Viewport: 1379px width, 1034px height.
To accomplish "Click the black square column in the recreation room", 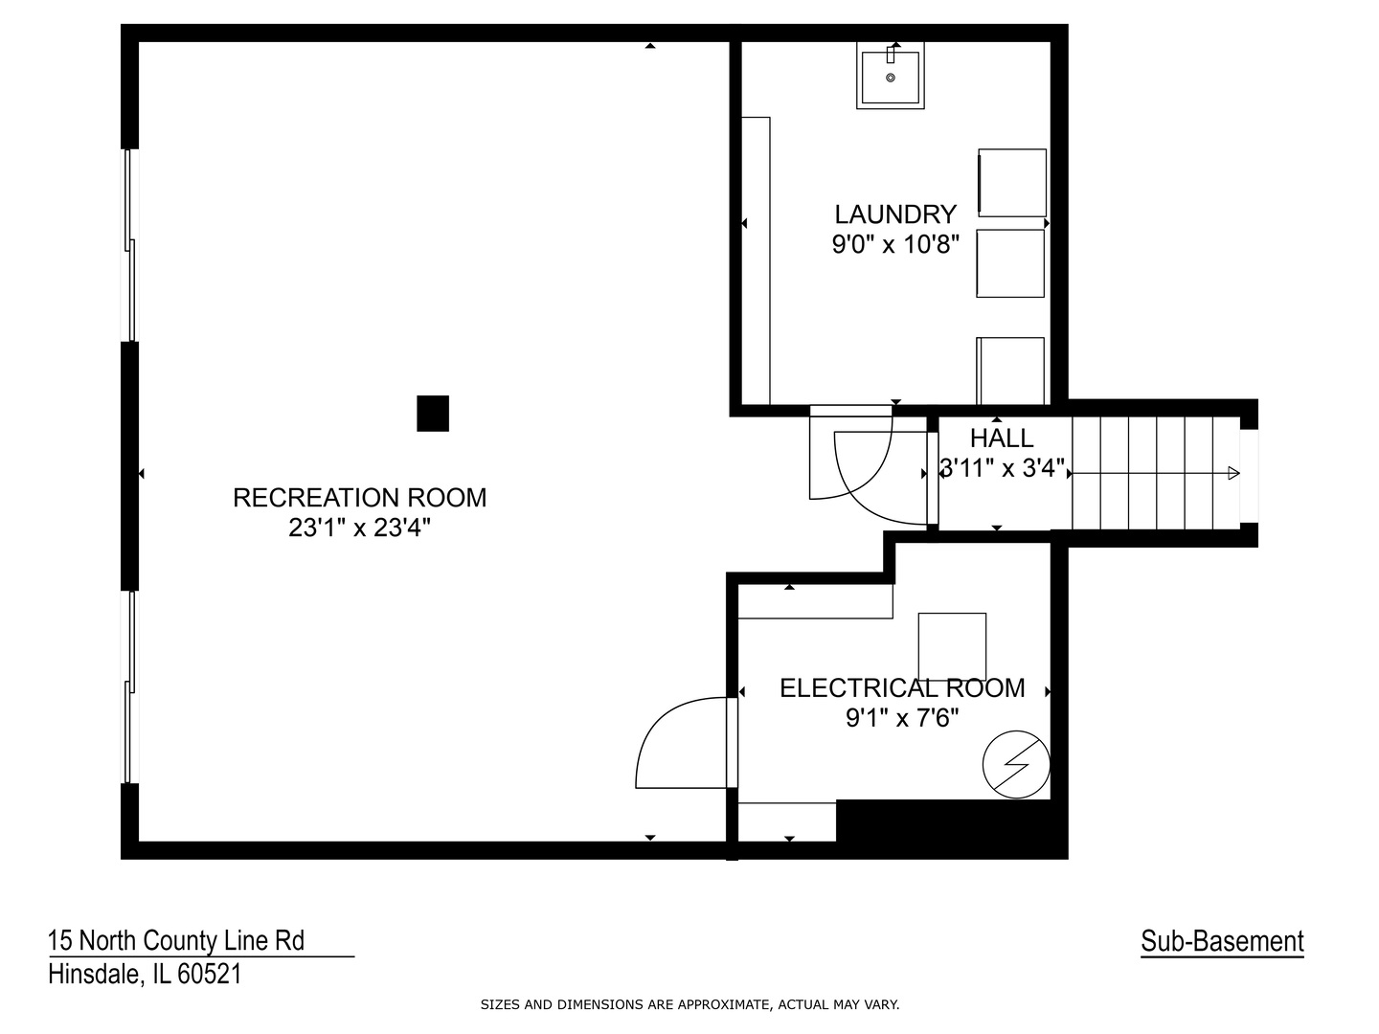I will pos(433,414).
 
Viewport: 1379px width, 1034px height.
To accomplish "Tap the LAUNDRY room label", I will pos(895,214).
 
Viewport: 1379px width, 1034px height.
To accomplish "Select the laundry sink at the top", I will pos(891,77).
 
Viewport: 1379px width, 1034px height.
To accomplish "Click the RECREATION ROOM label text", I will pos(360,498).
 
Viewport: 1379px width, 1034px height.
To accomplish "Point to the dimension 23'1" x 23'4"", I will pos(360,528).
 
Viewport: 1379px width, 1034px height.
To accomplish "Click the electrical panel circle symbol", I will pos(1016,764).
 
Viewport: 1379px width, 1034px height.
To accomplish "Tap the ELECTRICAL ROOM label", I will pos(902,688).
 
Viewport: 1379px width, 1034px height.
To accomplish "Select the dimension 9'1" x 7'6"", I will pos(902,718).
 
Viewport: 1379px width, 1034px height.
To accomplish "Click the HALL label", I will pos(1002,438).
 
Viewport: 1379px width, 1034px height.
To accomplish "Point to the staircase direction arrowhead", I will pos(1233,473).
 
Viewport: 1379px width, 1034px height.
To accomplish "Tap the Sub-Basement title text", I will pos(1222,942).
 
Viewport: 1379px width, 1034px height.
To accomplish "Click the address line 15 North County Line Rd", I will pos(176,941).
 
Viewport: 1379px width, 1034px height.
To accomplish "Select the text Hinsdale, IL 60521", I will pos(145,975).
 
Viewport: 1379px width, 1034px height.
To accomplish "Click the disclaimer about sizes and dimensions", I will pos(689,1005).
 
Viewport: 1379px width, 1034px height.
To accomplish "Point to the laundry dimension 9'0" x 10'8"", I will pos(895,245).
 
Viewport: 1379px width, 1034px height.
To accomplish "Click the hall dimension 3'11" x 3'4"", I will pos(1003,469).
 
